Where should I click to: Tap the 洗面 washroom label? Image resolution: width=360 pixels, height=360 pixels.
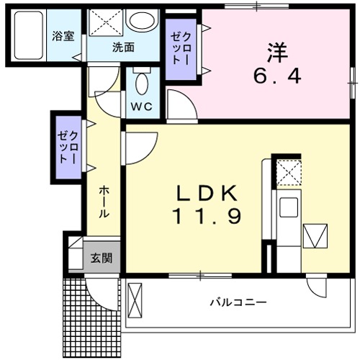123,48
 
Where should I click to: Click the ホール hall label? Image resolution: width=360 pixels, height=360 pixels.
104,202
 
